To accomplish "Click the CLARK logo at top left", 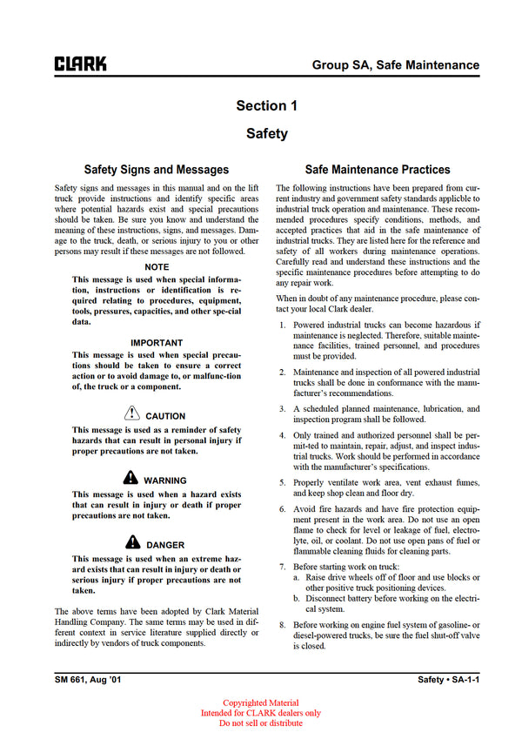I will click(x=80, y=64).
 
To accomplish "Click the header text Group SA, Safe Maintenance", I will click(x=396, y=64).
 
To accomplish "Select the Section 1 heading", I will click(x=266, y=106).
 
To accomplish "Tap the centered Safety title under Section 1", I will click(x=266, y=134).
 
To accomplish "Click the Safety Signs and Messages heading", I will click(x=157, y=170).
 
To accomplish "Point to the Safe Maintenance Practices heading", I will click(x=378, y=170).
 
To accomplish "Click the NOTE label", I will click(x=157, y=266).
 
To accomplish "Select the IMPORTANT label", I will click(x=157, y=343).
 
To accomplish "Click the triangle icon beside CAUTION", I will click(x=131, y=414).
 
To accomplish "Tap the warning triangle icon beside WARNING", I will click(x=130, y=478).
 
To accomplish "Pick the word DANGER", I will click(x=165, y=545).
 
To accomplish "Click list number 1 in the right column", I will click(x=282, y=325).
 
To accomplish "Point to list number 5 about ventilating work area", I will click(x=282, y=481).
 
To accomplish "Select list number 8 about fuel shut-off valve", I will click(x=282, y=625).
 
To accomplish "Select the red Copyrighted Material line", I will click(x=261, y=703).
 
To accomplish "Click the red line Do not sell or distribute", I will click(x=261, y=723).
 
